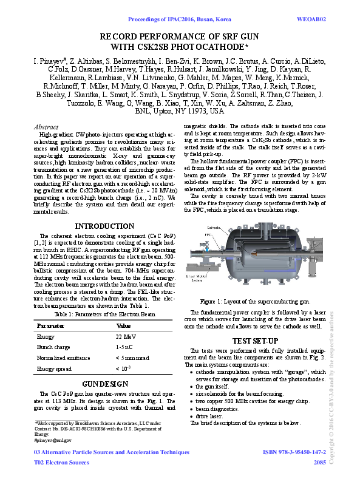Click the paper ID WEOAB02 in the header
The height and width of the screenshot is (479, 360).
[312, 19]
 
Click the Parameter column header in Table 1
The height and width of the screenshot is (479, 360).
[52, 326]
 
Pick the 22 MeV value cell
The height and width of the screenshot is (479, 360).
[126, 336]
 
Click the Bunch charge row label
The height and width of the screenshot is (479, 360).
[53, 347]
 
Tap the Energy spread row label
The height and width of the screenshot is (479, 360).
[54, 369]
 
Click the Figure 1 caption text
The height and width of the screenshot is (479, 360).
[255, 301]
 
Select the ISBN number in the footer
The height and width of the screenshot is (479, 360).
[294, 452]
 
